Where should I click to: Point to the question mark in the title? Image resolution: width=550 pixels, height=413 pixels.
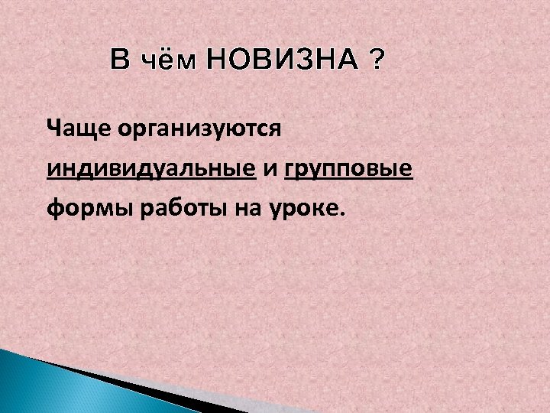[x=376, y=59]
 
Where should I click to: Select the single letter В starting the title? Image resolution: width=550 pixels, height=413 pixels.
[x=120, y=59]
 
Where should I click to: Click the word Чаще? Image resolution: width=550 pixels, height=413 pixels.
[x=78, y=127]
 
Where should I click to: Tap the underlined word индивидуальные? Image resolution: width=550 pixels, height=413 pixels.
[x=150, y=167]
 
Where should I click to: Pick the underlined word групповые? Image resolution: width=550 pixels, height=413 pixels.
[x=348, y=169]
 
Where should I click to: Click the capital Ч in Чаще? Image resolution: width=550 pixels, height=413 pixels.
[x=53, y=127]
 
